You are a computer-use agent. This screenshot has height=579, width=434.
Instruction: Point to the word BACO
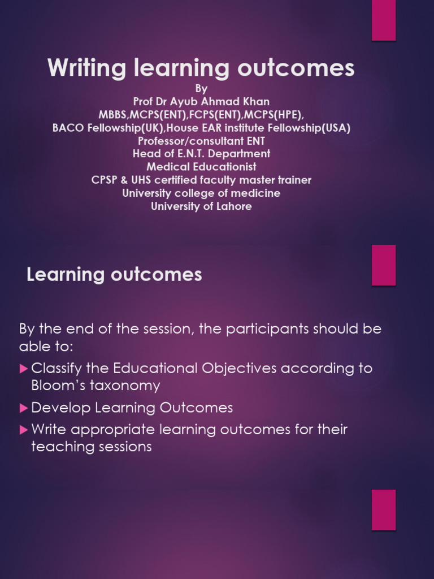coord(68,128)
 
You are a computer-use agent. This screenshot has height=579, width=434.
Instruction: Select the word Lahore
coord(233,206)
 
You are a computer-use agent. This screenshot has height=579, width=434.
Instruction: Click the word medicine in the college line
coord(258,193)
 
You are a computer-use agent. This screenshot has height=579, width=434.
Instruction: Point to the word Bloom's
coord(57,386)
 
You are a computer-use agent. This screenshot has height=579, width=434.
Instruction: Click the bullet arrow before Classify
coord(24,369)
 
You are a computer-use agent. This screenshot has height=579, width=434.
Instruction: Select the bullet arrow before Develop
coord(24,407)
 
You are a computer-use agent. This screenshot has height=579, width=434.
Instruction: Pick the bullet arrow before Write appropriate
coord(24,430)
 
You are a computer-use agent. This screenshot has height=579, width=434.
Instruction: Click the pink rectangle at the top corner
coord(383,20)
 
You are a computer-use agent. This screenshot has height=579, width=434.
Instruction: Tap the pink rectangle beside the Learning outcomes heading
coord(383,265)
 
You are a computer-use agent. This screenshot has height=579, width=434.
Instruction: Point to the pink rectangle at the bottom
coord(383,509)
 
